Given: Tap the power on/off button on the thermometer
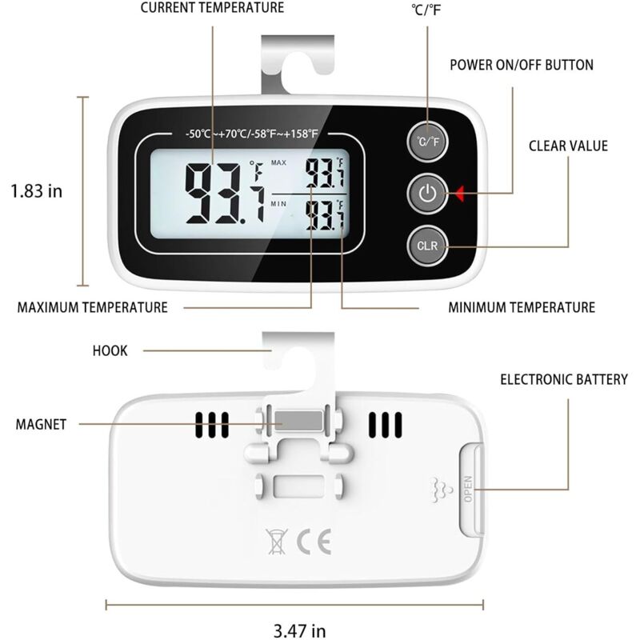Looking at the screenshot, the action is pyautogui.click(x=427, y=194).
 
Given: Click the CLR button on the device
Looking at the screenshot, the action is pyautogui.click(x=427, y=246).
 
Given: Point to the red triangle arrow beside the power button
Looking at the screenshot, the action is pyautogui.click(x=459, y=194).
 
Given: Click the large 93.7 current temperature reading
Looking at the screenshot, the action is pyautogui.click(x=226, y=194).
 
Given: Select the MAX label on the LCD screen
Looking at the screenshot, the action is pyautogui.click(x=278, y=163).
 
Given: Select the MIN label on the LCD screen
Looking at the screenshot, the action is pyautogui.click(x=278, y=204).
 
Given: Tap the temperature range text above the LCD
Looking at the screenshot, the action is pyautogui.click(x=251, y=134).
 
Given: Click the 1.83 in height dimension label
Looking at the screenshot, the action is pyautogui.click(x=36, y=191).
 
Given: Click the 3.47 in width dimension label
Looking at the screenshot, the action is pyautogui.click(x=299, y=630).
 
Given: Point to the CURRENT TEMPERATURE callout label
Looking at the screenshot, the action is pyautogui.click(x=212, y=7).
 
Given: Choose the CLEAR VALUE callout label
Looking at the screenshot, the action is pyautogui.click(x=568, y=146).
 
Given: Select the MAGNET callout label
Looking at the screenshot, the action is pyautogui.click(x=41, y=425).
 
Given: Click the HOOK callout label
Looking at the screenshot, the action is pyautogui.click(x=110, y=350).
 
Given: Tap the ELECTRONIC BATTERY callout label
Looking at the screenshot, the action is pyautogui.click(x=564, y=379).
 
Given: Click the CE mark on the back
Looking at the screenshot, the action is pyautogui.click(x=314, y=542).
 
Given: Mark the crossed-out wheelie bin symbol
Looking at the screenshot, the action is pyautogui.click(x=276, y=542).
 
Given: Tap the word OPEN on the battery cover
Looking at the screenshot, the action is pyautogui.click(x=468, y=489).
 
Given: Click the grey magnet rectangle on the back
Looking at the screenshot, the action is pyautogui.click(x=298, y=421).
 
